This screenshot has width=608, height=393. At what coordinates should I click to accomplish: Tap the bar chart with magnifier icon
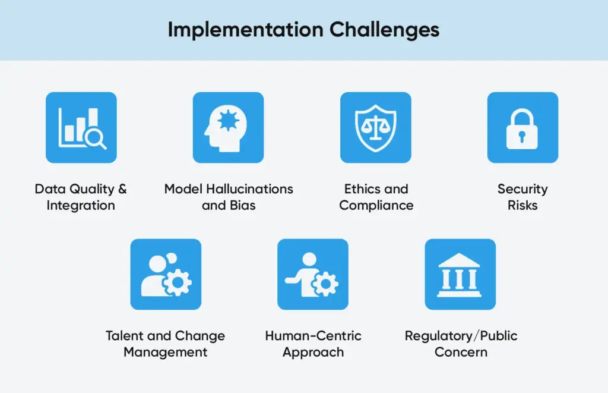point(81,127)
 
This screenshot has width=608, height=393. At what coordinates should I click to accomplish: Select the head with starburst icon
point(229,127)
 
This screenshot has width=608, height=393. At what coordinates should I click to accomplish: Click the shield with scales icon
point(375,127)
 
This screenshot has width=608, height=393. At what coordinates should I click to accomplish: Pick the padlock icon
point(522,127)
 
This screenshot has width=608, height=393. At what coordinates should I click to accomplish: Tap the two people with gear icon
point(166,274)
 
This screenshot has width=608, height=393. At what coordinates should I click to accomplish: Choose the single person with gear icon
point(313,274)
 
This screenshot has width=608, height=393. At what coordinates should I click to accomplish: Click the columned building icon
point(460,274)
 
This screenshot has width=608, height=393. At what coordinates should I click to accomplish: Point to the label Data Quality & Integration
point(81,197)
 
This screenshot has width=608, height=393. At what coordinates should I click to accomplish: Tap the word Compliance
point(376,206)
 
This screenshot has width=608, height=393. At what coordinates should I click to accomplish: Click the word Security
point(522,189)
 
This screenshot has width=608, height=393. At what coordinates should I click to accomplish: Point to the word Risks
point(522,206)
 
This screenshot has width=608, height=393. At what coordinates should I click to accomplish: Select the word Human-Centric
point(313,336)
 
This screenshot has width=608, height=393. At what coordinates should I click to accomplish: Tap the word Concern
point(461,352)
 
